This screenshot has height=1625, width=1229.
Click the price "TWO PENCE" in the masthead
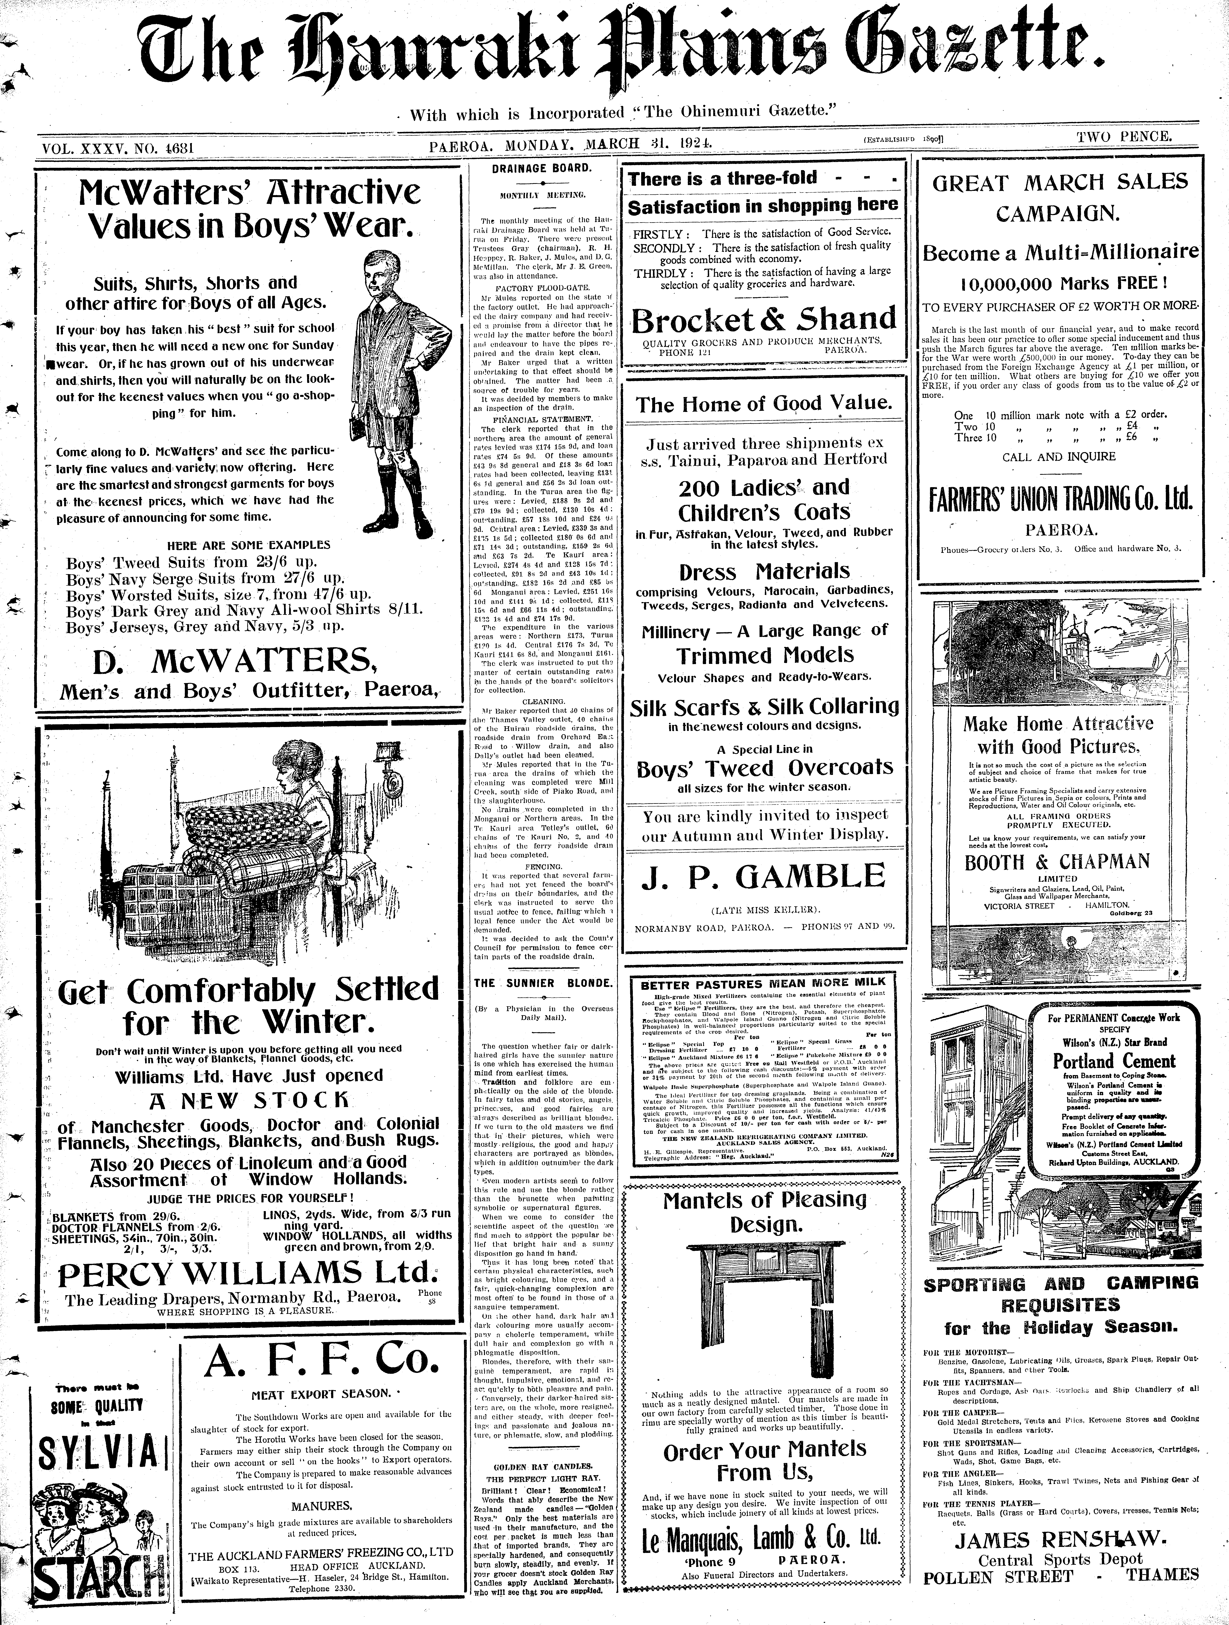coord(1124,137)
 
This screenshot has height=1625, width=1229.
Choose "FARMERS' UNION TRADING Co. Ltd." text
coord(1060,500)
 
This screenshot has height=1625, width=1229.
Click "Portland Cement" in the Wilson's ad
coord(1114,1062)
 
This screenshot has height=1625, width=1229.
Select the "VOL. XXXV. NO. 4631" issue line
coord(118,148)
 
